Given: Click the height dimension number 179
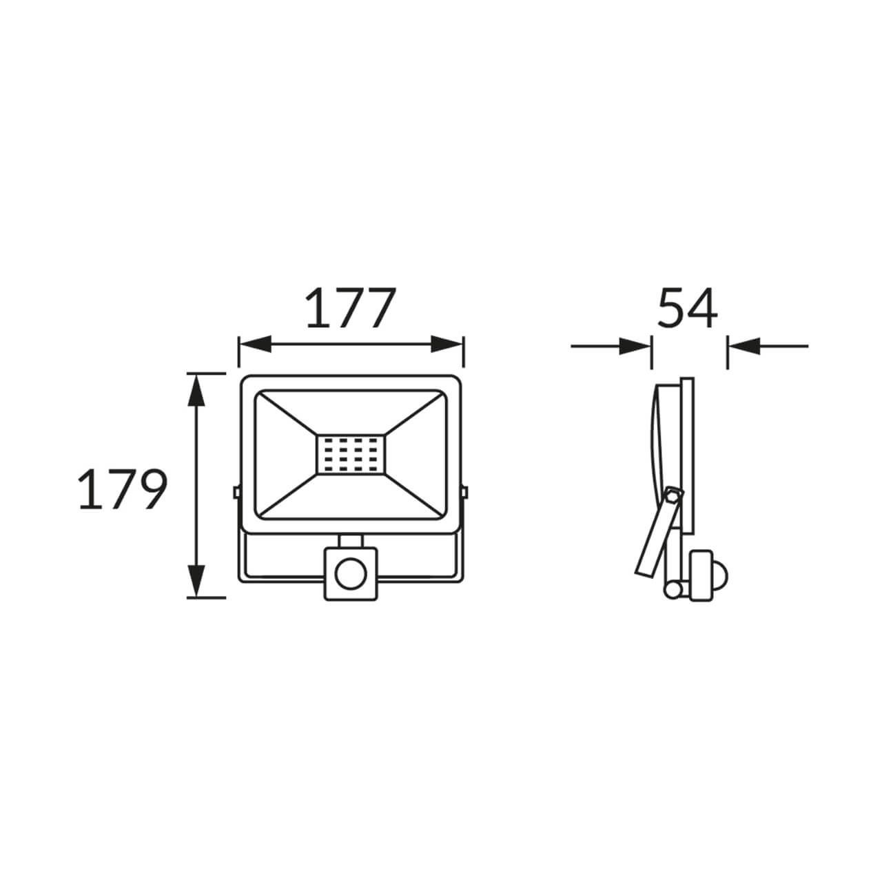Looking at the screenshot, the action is [x=123, y=489].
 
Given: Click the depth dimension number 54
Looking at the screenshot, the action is [x=688, y=307].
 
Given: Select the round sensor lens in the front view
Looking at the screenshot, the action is [x=351, y=573].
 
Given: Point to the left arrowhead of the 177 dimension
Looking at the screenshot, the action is [x=254, y=345].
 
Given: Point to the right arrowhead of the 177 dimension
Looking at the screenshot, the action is [x=447, y=345].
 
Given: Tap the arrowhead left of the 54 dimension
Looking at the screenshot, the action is [x=635, y=347].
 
